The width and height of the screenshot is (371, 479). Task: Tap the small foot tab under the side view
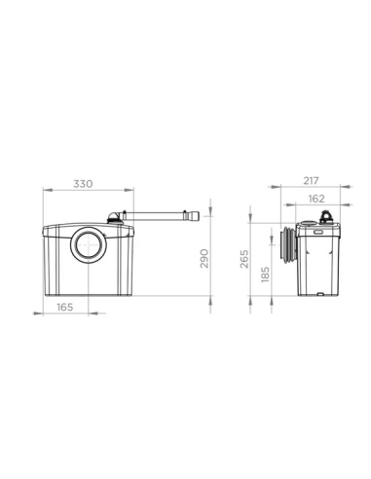(x=323, y=293)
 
